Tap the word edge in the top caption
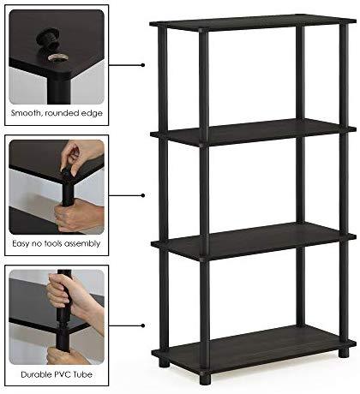92,114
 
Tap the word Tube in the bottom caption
83,374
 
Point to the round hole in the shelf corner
58,58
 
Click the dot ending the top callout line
143,65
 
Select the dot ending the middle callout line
143,195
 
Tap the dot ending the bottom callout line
143,325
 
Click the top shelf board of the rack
253,21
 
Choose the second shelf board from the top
253,132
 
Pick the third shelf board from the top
254,242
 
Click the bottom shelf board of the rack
254,349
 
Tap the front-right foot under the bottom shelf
205,379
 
